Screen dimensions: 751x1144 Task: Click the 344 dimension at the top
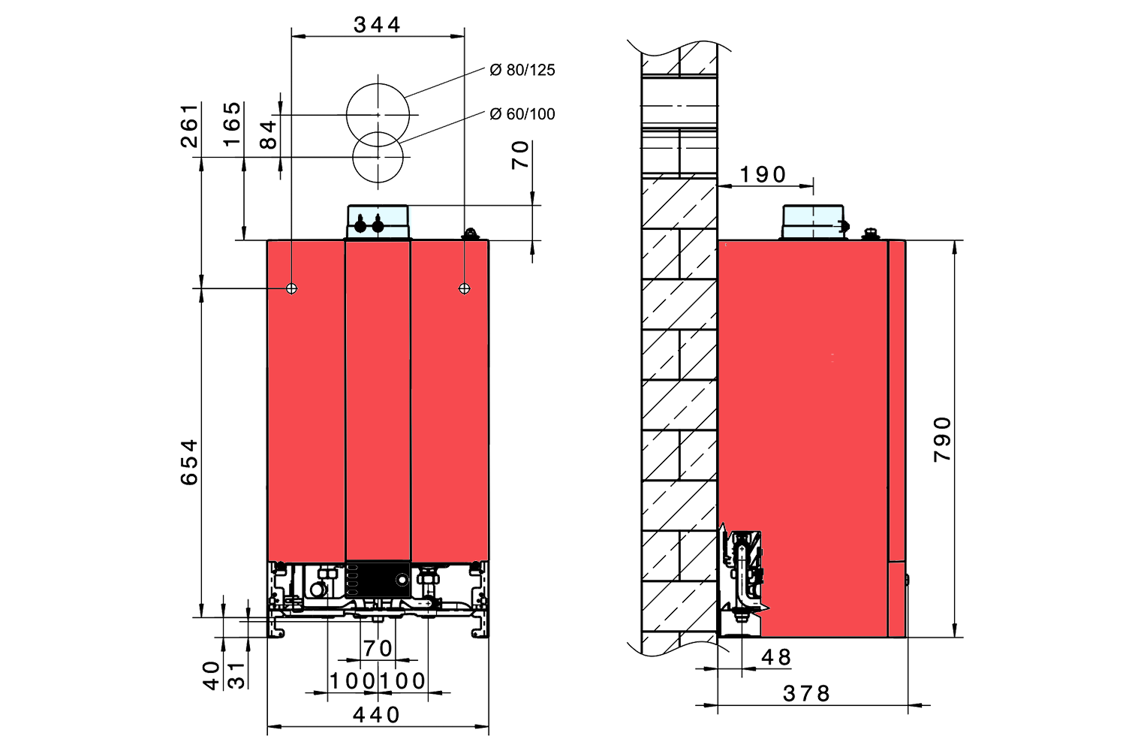377,25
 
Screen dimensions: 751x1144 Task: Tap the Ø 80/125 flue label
522,70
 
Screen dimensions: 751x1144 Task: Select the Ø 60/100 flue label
522,114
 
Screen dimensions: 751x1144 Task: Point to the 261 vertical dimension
191,125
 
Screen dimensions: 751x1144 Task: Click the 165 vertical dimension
233,125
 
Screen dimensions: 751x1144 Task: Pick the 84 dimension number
268,134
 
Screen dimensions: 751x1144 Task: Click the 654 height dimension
190,462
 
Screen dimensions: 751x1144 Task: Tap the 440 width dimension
377,715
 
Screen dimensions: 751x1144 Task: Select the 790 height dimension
943,439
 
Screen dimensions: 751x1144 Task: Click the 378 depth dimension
807,693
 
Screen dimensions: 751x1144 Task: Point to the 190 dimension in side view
763,174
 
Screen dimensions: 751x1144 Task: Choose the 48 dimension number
776,657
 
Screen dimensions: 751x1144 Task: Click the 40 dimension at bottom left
212,674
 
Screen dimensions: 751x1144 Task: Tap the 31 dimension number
236,674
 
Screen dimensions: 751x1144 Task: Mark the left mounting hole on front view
292,288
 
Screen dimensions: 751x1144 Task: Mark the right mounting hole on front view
465,288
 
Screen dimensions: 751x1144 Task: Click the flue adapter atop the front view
378,222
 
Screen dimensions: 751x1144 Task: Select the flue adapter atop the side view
814,222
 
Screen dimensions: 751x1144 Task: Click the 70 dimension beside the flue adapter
521,155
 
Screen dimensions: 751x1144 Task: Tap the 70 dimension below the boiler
378,648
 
